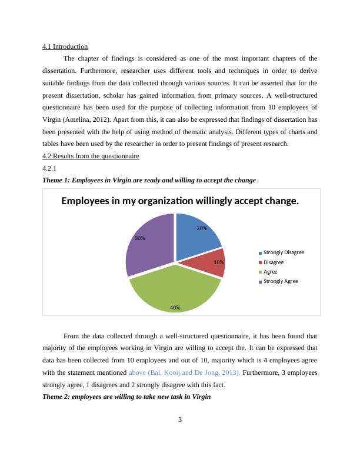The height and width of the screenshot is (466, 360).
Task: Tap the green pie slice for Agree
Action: (174, 288)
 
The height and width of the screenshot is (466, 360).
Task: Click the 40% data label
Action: (175, 308)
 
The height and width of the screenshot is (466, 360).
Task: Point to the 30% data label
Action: (139, 238)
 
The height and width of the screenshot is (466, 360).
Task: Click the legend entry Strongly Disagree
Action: (284, 252)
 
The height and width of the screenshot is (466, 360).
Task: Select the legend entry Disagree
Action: (274, 262)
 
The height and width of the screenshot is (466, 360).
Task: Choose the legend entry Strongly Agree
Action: (280, 281)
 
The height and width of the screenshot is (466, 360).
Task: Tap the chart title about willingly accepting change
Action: (180, 201)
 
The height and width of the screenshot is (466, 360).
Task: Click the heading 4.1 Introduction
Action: (65, 46)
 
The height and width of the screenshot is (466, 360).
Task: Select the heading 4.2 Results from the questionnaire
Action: (91, 156)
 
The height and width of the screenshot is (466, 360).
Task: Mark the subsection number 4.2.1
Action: (49, 168)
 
